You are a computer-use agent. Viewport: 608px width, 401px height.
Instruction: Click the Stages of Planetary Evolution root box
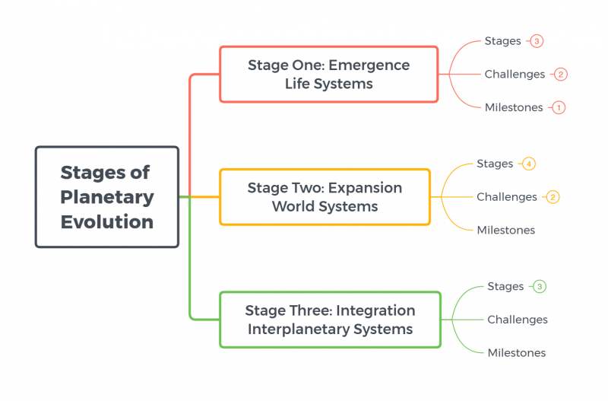pyautogui.click(x=107, y=197)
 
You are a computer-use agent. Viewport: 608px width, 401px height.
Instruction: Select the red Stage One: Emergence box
pyautogui.click(x=329, y=74)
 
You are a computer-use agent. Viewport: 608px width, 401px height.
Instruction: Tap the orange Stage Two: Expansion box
pyautogui.click(x=325, y=197)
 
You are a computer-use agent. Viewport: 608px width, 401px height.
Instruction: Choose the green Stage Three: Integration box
pyautogui.click(x=330, y=320)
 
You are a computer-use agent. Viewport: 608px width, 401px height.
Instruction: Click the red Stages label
pyautogui.click(x=502, y=41)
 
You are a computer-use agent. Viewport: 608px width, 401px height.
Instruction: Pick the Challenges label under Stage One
pyautogui.click(x=515, y=74)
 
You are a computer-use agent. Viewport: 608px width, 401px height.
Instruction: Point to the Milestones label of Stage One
pyautogui.click(x=514, y=107)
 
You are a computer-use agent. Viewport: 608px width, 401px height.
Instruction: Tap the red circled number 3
pyautogui.click(x=537, y=41)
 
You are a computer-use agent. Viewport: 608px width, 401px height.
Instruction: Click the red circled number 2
pyautogui.click(x=561, y=74)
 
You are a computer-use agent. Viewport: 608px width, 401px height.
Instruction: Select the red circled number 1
pyautogui.click(x=559, y=107)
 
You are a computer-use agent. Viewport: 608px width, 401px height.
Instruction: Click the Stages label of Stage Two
pyautogui.click(x=495, y=164)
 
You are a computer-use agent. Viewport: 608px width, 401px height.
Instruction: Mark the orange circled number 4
pyautogui.click(x=529, y=164)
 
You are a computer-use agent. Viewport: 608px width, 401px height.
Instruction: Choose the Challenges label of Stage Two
pyautogui.click(x=507, y=197)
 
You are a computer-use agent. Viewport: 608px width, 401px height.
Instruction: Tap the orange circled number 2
pyautogui.click(x=553, y=197)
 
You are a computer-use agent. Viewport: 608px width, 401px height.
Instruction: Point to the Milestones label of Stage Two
pyautogui.click(x=506, y=230)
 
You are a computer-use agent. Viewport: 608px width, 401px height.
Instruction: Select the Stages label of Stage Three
pyautogui.click(x=505, y=287)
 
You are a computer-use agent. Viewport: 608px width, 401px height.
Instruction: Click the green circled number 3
pyautogui.click(x=540, y=287)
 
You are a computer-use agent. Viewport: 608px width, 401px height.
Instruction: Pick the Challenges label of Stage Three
pyautogui.click(x=518, y=320)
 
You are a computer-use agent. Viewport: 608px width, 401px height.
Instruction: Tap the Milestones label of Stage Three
pyautogui.click(x=517, y=352)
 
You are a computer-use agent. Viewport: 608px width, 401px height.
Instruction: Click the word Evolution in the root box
pyautogui.click(x=107, y=222)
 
